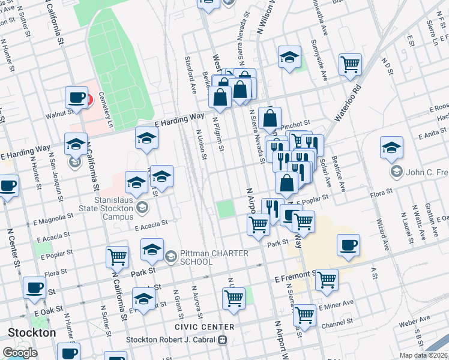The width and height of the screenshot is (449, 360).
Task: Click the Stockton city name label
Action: click(32, 332)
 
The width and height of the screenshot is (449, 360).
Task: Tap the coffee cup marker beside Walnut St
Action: click(77, 98)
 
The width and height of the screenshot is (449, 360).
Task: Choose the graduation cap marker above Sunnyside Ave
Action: click(289, 58)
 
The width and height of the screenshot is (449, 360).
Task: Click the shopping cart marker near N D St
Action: click(350, 64)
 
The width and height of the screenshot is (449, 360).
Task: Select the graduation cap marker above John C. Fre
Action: click(391, 148)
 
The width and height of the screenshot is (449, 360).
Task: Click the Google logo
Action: click(20, 353)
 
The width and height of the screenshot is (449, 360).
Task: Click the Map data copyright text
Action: click(424, 355)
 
